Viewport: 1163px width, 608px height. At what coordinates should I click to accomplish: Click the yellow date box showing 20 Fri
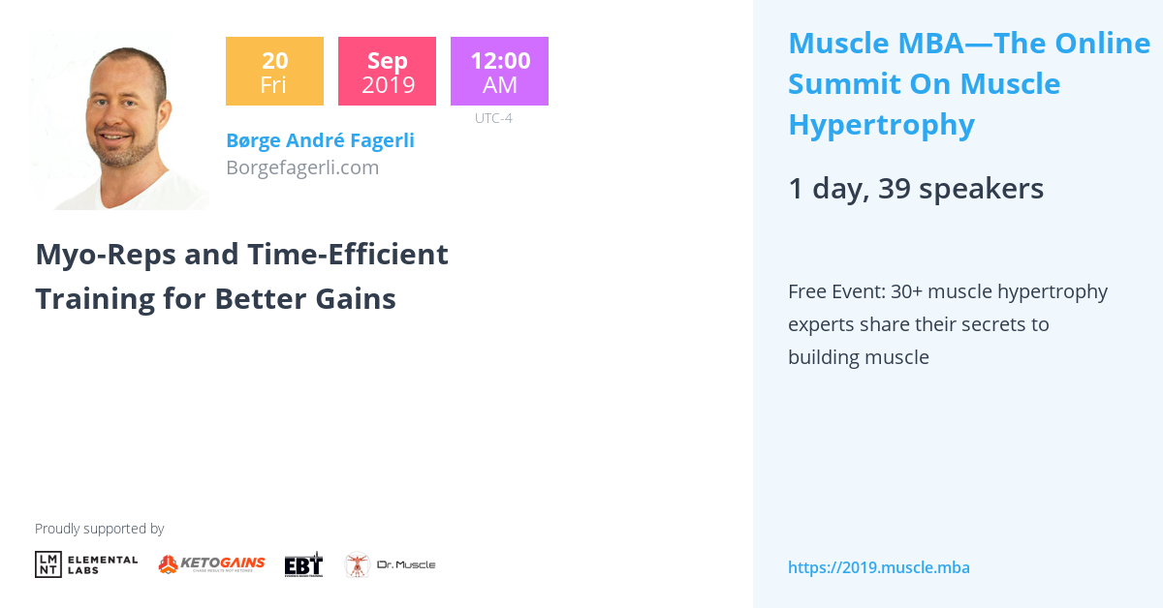coord(273,71)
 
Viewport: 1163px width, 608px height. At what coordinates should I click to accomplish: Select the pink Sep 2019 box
coord(387,71)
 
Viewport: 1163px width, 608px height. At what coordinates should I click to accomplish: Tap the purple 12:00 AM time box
coord(499,71)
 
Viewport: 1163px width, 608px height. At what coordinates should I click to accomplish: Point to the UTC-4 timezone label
coord(493,118)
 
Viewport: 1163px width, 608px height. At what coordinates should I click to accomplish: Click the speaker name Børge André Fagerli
coord(320,140)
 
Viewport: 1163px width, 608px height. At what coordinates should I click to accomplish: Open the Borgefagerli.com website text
coord(302,167)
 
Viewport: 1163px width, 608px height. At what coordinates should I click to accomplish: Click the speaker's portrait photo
coord(119,121)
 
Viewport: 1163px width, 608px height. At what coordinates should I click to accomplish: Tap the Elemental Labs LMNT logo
coord(86,564)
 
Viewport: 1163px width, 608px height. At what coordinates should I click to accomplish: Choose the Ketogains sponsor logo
coord(211,564)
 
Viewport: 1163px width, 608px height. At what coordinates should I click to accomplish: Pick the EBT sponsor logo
coord(303,564)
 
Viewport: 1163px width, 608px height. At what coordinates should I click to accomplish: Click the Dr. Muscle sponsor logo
coord(390,564)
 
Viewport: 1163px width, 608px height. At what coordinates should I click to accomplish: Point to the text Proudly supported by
coord(99,529)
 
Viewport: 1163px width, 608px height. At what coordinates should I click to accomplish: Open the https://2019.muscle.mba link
coord(878,567)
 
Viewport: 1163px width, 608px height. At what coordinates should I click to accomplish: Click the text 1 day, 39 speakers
coord(916,188)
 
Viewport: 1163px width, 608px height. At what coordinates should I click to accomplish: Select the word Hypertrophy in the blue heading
coord(881,125)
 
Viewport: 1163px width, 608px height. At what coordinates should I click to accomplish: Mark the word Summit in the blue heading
coord(843,84)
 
